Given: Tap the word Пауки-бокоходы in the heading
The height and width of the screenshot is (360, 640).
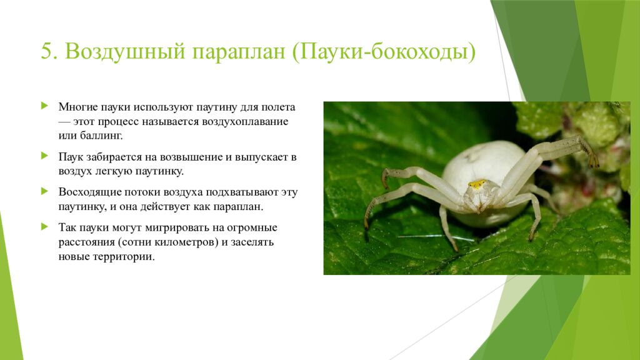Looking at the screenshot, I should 382,52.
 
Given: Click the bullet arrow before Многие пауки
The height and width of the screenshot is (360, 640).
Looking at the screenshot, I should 44,106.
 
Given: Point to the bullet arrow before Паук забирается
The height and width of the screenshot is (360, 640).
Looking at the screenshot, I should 44,154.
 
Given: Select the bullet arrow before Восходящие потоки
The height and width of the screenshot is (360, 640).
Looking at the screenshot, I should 44,190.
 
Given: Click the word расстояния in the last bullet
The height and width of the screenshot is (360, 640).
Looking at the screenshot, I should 86,241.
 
